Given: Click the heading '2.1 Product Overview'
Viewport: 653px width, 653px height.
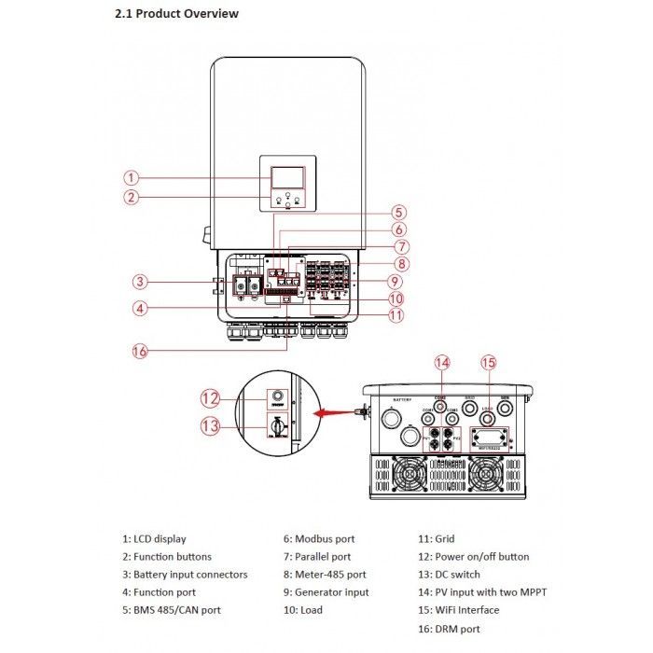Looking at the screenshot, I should tap(176, 14).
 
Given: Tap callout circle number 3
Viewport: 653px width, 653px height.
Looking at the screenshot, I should tap(139, 282).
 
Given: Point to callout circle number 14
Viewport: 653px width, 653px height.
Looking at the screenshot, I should tap(442, 363).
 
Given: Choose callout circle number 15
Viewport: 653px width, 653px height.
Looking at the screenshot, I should tap(488, 363).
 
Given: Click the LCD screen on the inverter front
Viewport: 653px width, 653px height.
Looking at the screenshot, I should tap(286, 178).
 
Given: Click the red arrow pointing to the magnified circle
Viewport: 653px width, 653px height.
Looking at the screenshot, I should tap(331, 410).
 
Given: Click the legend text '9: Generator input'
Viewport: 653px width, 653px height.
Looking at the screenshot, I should tap(326, 592).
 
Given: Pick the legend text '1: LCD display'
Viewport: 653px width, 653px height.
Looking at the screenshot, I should tap(154, 539).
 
